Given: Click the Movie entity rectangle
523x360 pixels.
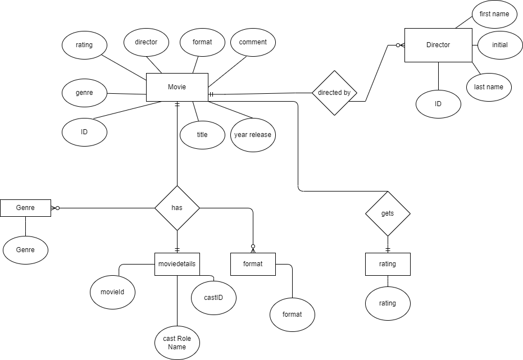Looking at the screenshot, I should [x=177, y=87].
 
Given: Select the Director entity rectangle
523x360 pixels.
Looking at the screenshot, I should [x=438, y=45].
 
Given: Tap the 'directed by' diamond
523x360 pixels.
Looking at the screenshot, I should [x=334, y=93].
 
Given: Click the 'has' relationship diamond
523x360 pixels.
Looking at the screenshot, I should [x=177, y=208].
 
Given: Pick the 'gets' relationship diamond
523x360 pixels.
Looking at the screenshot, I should [x=388, y=213].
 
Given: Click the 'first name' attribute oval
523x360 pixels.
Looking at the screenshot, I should [x=494, y=13].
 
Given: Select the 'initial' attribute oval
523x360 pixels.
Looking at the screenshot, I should [x=499, y=45].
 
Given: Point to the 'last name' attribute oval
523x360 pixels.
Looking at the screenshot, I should [x=489, y=87].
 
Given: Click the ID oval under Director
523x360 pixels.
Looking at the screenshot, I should [x=438, y=104].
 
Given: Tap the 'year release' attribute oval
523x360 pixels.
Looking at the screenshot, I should [x=253, y=135].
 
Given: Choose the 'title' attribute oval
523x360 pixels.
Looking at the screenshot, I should [x=202, y=135].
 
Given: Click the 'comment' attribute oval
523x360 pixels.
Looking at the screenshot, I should [x=253, y=42].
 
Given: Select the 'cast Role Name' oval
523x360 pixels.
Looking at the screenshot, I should [x=177, y=343].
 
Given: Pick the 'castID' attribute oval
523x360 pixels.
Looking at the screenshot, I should [x=213, y=297].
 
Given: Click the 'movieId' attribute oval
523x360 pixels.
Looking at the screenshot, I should [x=113, y=292].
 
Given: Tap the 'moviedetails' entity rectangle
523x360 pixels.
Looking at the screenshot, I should [x=177, y=264].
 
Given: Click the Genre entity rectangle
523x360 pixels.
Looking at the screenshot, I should [x=25, y=208].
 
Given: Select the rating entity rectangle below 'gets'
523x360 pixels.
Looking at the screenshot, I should [x=388, y=264].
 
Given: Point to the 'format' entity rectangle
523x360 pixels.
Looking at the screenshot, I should [x=253, y=264].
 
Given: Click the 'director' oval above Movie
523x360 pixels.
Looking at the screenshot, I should [x=146, y=42].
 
